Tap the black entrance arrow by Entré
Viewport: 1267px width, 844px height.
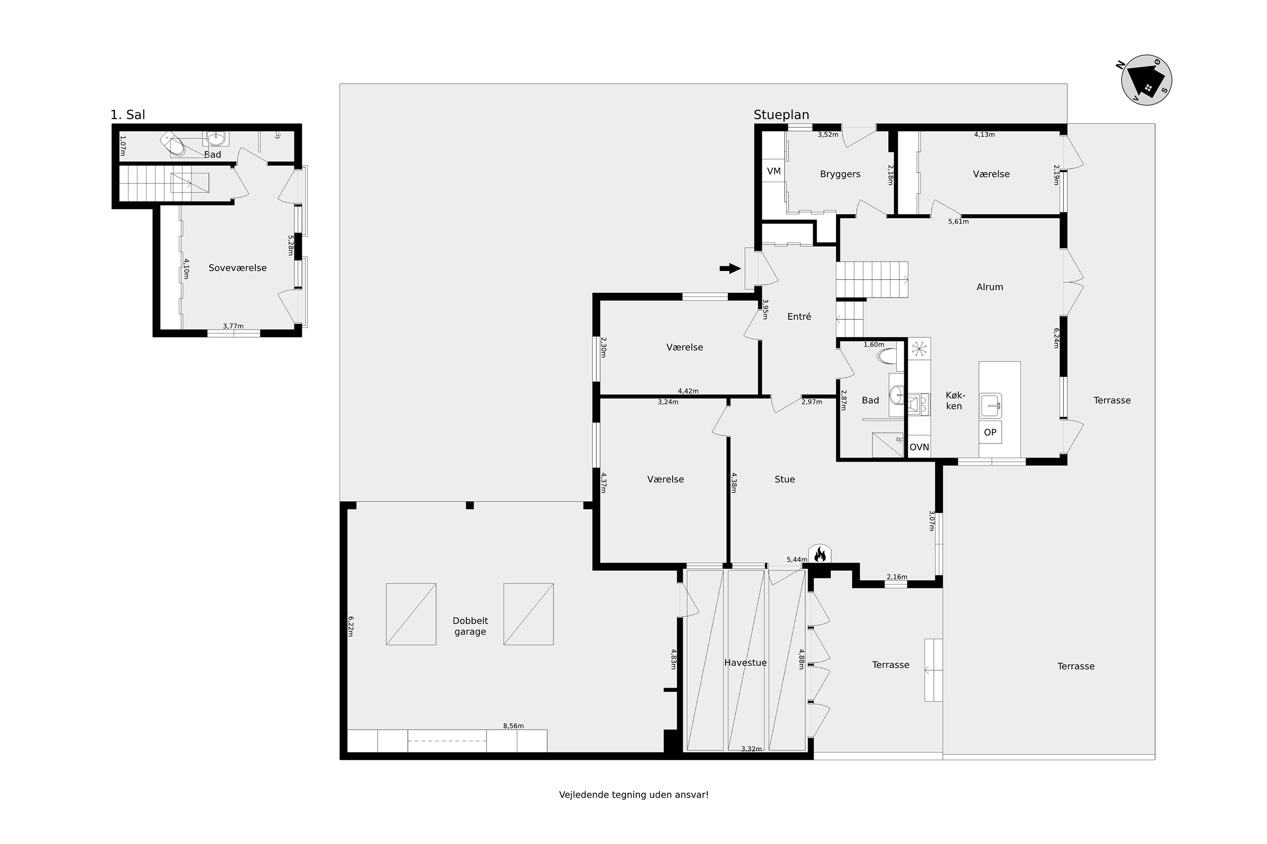(731, 268)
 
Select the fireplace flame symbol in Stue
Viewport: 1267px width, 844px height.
(820, 554)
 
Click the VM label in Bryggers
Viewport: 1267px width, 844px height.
(774, 171)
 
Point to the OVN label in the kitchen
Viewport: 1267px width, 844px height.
(919, 447)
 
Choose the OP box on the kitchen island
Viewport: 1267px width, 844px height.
(990, 432)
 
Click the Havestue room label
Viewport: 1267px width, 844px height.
(745, 663)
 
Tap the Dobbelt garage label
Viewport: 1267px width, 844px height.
(470, 626)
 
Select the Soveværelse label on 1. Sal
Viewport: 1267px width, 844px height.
(238, 267)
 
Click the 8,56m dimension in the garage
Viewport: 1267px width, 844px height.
(513, 725)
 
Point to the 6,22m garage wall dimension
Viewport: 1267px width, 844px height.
(350, 626)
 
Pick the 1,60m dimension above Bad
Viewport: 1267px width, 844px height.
(874, 345)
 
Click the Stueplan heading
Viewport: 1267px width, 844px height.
(781, 115)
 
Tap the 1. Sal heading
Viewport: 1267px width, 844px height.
(128, 115)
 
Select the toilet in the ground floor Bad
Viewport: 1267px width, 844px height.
(887, 356)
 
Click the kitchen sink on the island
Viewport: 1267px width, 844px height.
(991, 405)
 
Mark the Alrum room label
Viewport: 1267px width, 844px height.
(989, 287)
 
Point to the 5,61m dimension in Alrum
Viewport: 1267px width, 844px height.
(958, 221)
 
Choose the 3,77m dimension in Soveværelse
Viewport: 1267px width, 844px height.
(233, 326)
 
